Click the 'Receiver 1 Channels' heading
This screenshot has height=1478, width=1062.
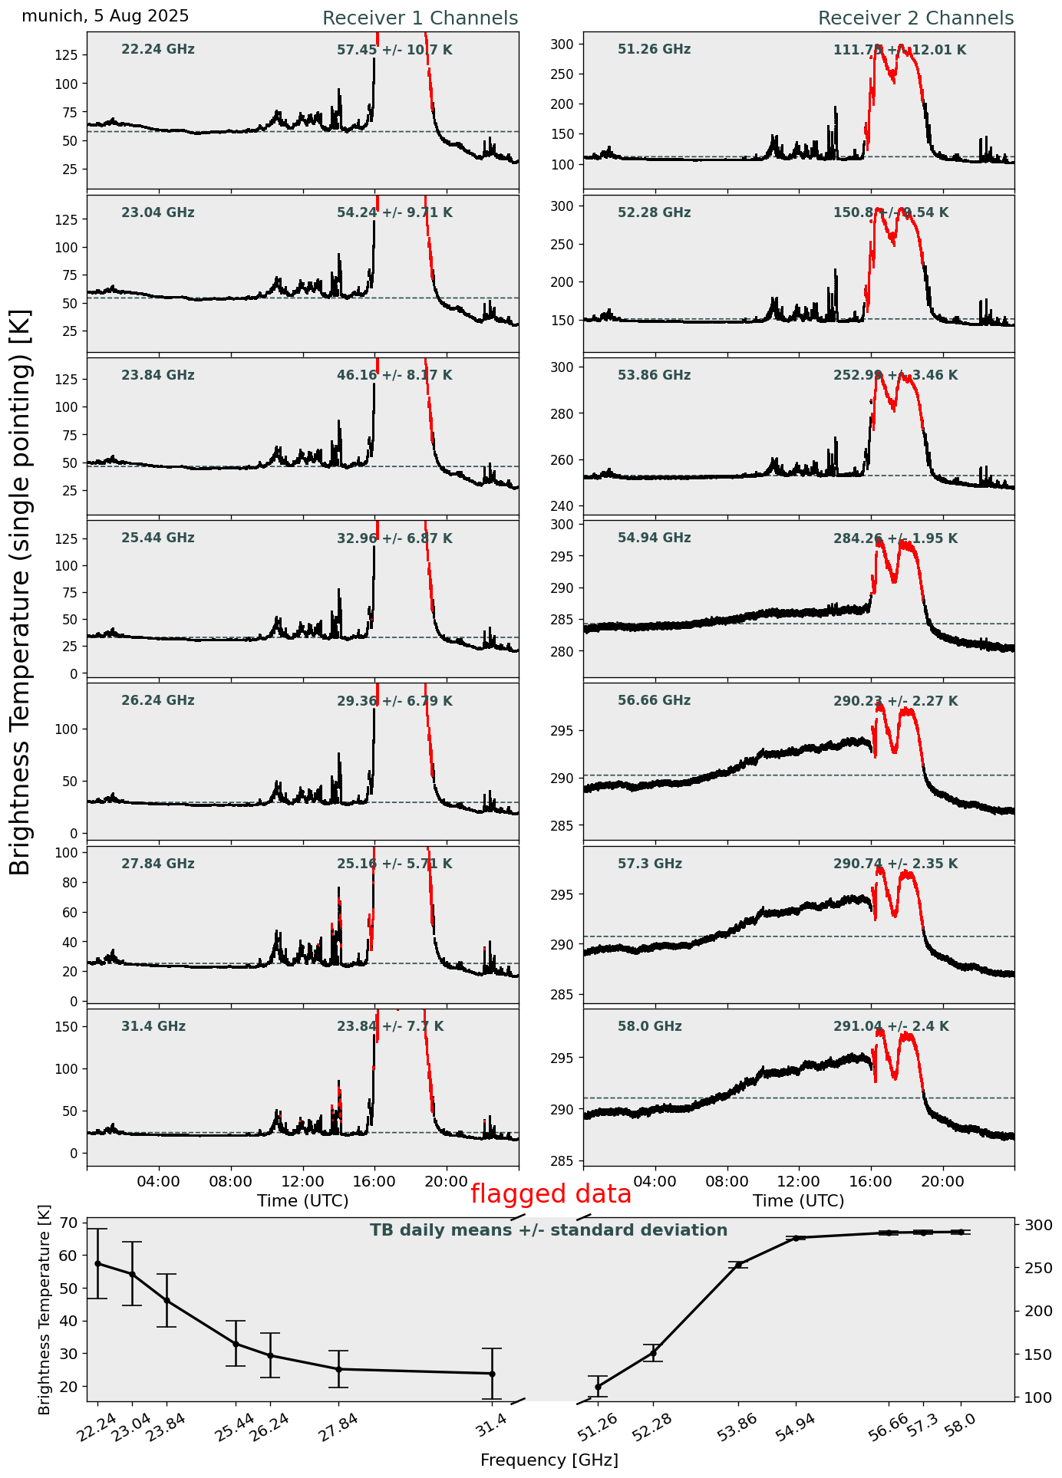(x=420, y=18)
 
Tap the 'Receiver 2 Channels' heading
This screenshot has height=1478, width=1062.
(x=915, y=18)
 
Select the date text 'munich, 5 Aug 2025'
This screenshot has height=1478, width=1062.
(x=105, y=16)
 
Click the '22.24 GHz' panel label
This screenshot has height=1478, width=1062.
(x=158, y=50)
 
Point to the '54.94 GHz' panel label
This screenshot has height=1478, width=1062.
(x=654, y=538)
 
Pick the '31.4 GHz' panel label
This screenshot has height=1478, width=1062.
(x=153, y=1026)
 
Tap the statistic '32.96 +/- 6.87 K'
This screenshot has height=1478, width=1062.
(x=394, y=538)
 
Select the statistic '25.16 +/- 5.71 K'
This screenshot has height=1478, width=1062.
(x=394, y=864)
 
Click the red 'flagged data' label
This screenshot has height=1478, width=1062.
(x=551, y=1194)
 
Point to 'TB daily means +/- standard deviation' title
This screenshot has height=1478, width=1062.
(x=549, y=1230)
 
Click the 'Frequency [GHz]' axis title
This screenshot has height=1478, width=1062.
(x=549, y=1460)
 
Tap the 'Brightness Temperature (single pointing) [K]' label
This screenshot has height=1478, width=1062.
(x=21, y=591)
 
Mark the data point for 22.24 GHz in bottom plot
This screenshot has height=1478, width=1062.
(x=97, y=1263)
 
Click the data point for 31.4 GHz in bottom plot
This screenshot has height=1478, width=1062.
(x=492, y=1374)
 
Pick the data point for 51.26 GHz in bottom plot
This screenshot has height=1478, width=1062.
(x=599, y=1387)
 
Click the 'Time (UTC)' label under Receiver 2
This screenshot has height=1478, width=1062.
(x=798, y=1200)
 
